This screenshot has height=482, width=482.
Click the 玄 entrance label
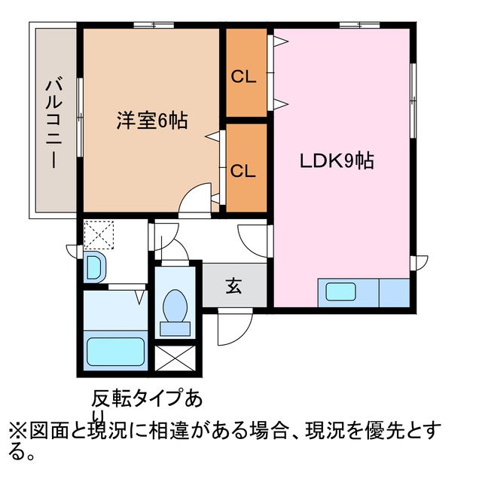[x=234, y=286]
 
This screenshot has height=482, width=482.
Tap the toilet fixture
[x=176, y=310]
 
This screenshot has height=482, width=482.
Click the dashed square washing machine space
[x=97, y=233]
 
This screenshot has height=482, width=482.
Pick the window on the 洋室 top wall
[x=154, y=25]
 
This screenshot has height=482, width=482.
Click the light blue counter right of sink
[x=393, y=291]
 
